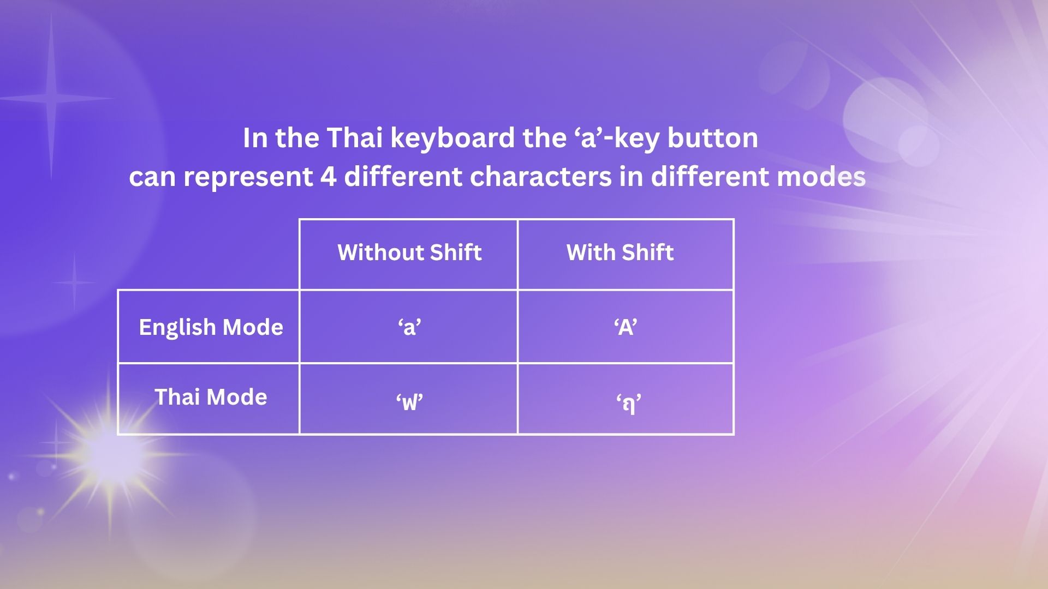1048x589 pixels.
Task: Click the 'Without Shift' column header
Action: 409,253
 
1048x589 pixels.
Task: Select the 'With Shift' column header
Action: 620,253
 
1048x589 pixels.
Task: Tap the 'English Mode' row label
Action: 211,327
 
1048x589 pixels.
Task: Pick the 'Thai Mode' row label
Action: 211,397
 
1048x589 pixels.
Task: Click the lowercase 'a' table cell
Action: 409,327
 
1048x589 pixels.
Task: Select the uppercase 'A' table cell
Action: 626,327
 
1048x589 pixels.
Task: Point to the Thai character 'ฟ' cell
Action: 409,402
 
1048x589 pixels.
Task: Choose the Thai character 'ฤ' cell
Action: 628,404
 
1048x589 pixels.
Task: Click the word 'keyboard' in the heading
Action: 452,137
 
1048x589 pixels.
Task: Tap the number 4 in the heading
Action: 329,177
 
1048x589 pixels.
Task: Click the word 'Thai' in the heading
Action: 354,137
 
